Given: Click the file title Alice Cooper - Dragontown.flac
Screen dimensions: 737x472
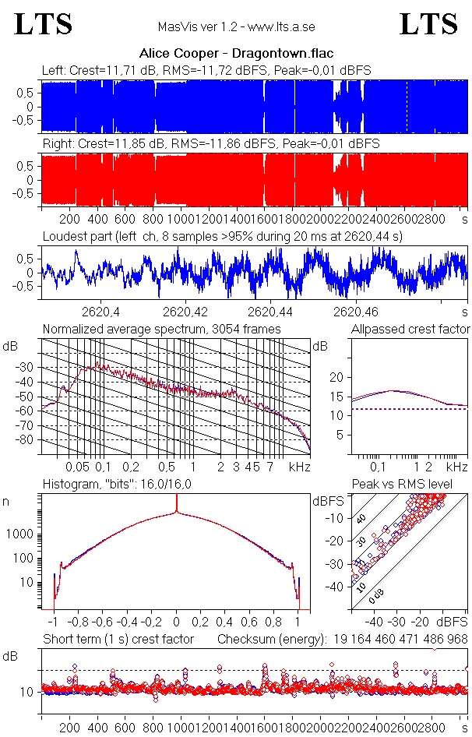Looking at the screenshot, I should pyautogui.click(x=236, y=54).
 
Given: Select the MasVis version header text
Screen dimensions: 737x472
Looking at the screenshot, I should pyautogui.click(x=236, y=27).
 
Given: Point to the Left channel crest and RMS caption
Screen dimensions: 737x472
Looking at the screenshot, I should pyautogui.click(x=206, y=71).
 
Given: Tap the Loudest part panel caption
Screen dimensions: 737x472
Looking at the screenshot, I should pyautogui.click(x=222, y=236).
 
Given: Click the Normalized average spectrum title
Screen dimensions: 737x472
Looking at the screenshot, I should pyautogui.click(x=161, y=330).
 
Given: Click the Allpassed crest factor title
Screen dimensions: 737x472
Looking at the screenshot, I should pyautogui.click(x=410, y=330).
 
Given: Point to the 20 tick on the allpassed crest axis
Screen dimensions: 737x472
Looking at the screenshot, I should pyautogui.click(x=337, y=377).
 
